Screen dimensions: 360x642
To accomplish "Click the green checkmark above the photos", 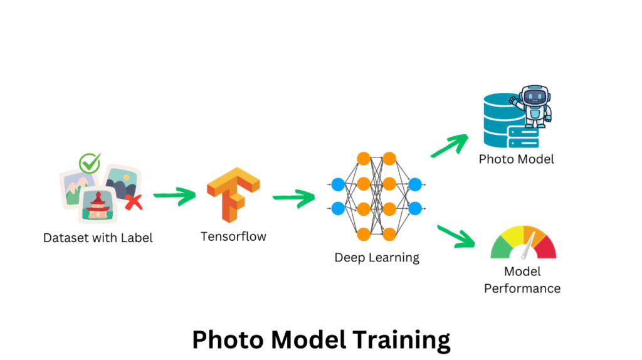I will pyautogui.click(x=90, y=164).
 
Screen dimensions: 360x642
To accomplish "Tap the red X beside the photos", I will pyautogui.click(x=132, y=201).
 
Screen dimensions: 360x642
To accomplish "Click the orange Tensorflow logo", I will pyautogui.click(x=233, y=194).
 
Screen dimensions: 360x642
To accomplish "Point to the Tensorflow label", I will pyautogui.click(x=233, y=236).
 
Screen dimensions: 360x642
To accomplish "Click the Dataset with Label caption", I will pyautogui.click(x=98, y=238).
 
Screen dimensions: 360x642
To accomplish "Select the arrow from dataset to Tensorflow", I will pyautogui.click(x=174, y=197).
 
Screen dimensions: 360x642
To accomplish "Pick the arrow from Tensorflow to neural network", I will pyautogui.click(x=293, y=198).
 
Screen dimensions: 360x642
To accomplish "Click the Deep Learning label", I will pyautogui.click(x=376, y=257).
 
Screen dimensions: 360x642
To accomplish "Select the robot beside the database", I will pyautogui.click(x=533, y=107).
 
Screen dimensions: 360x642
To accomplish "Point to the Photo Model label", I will pyautogui.click(x=517, y=159).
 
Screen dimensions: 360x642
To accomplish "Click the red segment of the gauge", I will pyautogui.click(x=545, y=246).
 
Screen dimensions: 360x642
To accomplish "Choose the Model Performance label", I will pyautogui.click(x=522, y=280).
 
